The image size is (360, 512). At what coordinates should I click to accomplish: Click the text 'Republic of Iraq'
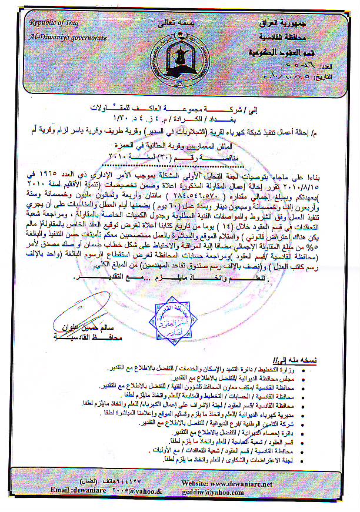(54, 23)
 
